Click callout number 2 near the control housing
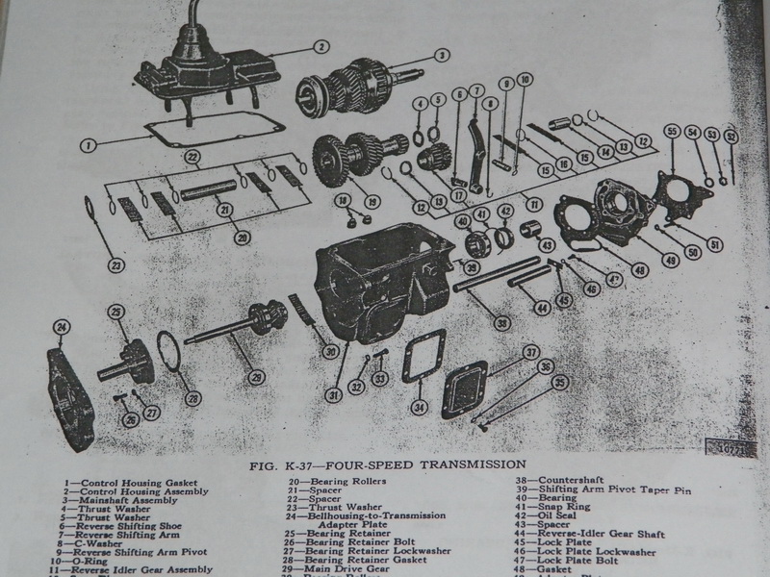coord(321,46)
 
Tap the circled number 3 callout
coord(440,55)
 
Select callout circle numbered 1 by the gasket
coord(88,146)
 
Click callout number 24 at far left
coord(62,329)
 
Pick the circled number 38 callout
coord(500,324)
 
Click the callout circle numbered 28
coord(194,397)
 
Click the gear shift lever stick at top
coord(195,24)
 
